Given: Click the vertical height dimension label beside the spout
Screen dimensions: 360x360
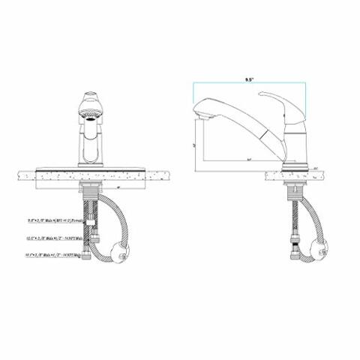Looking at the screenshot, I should pos(194,144).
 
